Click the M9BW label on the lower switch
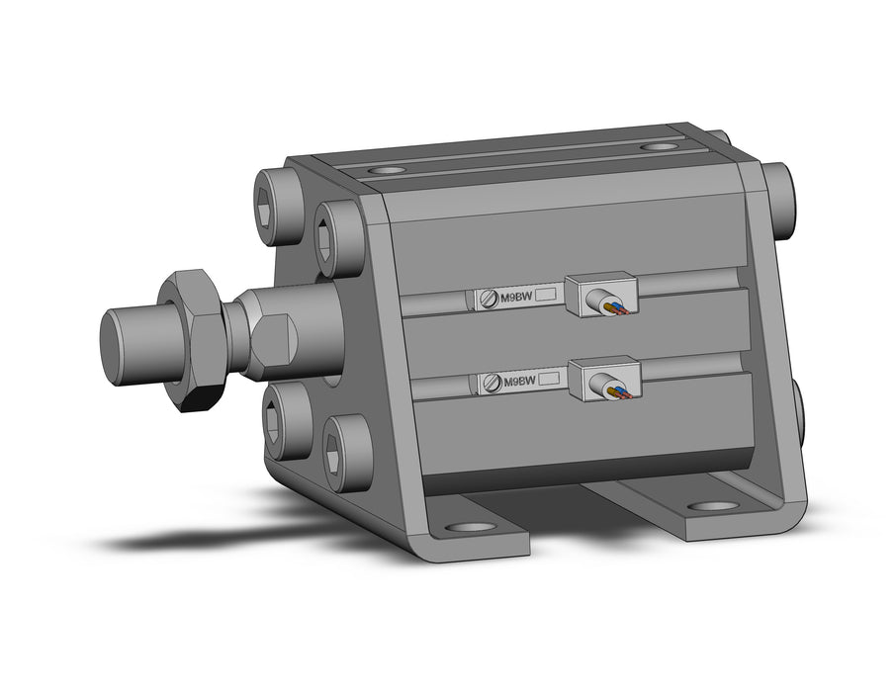(x=519, y=382)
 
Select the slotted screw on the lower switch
(x=493, y=383)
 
